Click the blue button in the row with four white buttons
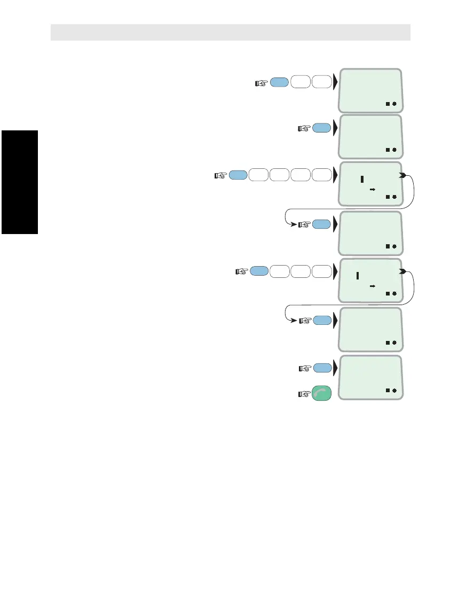coord(239,175)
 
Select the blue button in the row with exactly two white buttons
coord(280,82)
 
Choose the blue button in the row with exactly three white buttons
coord(259,271)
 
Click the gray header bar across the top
coord(230,32)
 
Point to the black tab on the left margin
coord(19,182)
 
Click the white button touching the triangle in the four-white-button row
coord(321,175)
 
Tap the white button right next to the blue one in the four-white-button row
coord(259,175)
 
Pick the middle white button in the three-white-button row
coord(301,271)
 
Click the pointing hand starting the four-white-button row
coord(220,175)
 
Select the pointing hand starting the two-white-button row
coord(261,83)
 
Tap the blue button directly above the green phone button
coord(321,368)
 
